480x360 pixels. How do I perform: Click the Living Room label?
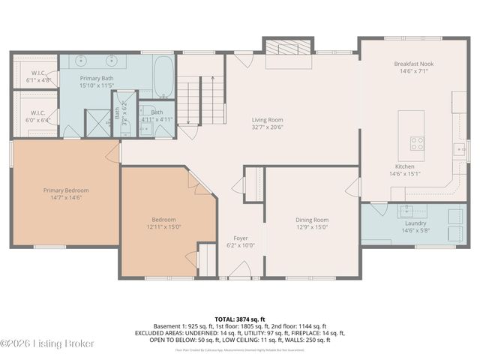tap(266, 119)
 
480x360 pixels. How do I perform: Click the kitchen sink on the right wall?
tap(459, 148)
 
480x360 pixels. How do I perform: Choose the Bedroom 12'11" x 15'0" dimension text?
tap(164, 227)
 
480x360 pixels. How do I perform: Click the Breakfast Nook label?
tap(413, 64)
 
